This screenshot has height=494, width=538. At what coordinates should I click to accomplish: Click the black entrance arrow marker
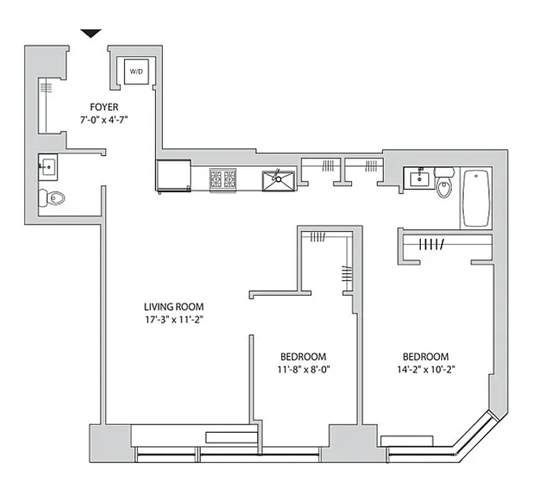(x=91, y=33)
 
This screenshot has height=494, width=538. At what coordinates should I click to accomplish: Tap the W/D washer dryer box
(x=136, y=72)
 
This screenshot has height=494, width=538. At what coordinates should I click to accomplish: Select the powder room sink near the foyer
(x=49, y=165)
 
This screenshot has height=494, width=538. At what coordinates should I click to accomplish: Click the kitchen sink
(x=278, y=179)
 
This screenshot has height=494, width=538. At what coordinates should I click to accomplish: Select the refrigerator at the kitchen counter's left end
(x=173, y=177)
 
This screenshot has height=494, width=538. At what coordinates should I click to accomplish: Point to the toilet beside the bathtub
(x=443, y=183)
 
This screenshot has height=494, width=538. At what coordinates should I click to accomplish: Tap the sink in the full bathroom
(x=420, y=177)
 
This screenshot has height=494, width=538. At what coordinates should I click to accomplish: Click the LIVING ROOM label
(x=173, y=306)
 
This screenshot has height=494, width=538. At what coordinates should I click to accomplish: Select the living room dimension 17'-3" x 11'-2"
(x=173, y=320)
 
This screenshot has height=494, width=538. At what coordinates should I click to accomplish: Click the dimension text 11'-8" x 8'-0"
(x=303, y=371)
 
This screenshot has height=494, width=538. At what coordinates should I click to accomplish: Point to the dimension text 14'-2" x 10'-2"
(x=425, y=371)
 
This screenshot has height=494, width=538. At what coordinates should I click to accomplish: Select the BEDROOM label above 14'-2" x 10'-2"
(x=425, y=357)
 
